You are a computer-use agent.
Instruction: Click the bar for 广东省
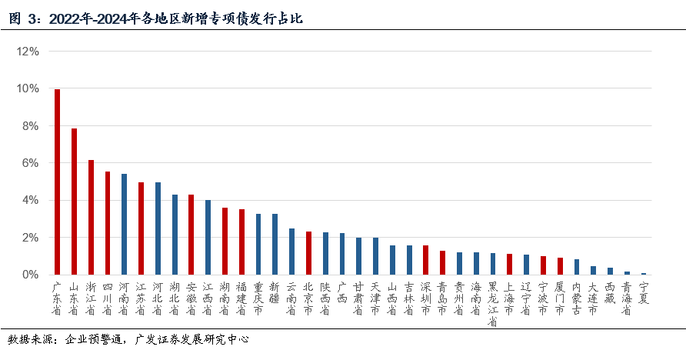point(57,182)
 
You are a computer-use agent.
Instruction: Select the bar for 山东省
point(74,202)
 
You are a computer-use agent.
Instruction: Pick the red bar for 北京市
point(308,253)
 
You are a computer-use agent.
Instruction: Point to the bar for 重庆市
point(258,244)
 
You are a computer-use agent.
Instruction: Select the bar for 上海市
point(509,264)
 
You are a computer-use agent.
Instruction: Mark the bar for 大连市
point(593,270)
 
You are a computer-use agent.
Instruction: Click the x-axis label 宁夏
point(643,292)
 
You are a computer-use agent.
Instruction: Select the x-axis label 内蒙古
point(576,298)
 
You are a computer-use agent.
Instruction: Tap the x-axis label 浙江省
point(91,298)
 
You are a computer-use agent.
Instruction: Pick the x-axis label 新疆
point(275,292)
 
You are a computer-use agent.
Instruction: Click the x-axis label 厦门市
point(559,298)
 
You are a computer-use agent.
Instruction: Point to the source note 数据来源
point(128,339)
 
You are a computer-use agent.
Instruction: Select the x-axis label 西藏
point(610,292)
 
